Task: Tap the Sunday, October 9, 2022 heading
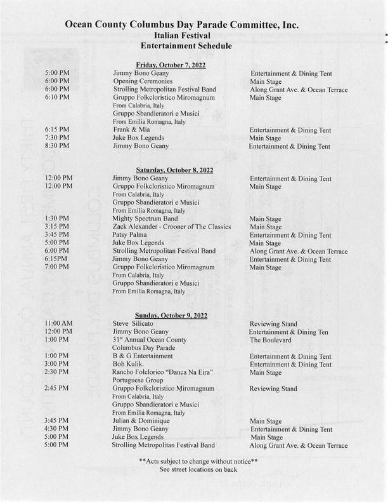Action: pos(172,316)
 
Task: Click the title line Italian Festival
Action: pos(182,36)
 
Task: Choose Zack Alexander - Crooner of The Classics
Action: pos(171,227)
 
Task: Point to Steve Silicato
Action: pos(133,324)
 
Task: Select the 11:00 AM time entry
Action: pos(59,324)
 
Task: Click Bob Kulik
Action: pos(129,365)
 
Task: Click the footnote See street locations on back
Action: pos(198,469)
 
